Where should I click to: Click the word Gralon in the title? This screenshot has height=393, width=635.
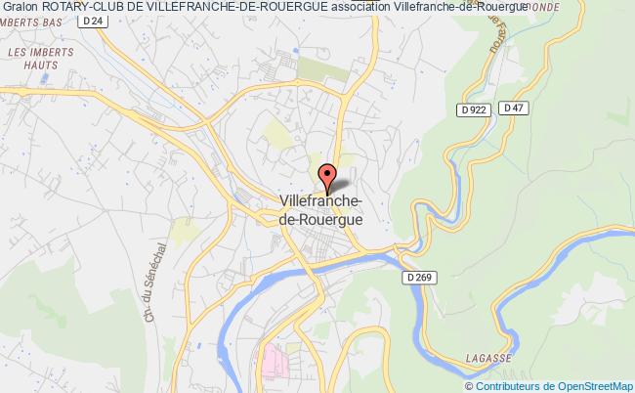click(x=21, y=7)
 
